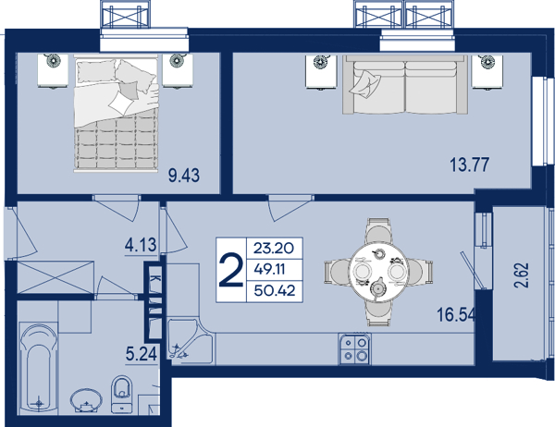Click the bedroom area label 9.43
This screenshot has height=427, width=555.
pos(184,176)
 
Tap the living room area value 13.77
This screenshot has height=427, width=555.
pos(469,165)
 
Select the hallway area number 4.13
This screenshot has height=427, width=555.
pos(141,245)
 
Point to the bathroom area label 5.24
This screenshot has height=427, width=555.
pos(142,353)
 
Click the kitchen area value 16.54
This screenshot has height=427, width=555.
pos(456,314)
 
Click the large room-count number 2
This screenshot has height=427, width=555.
pos(231,270)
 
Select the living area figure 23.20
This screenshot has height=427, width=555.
pos(274,249)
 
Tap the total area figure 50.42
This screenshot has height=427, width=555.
pos(275,291)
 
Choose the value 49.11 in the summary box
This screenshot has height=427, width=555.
pos(270,270)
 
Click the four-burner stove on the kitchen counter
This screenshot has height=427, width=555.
pos(354,349)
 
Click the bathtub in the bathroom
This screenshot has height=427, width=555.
pos(39,368)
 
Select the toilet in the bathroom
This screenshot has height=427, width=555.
pos(121,394)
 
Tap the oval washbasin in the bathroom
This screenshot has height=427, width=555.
pos(86,401)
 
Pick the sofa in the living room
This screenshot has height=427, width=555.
pos(405,84)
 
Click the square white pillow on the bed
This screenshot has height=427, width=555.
pos(121,103)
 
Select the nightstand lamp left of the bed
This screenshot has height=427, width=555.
pos(53,60)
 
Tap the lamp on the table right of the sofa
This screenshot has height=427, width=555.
pos(487,61)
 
